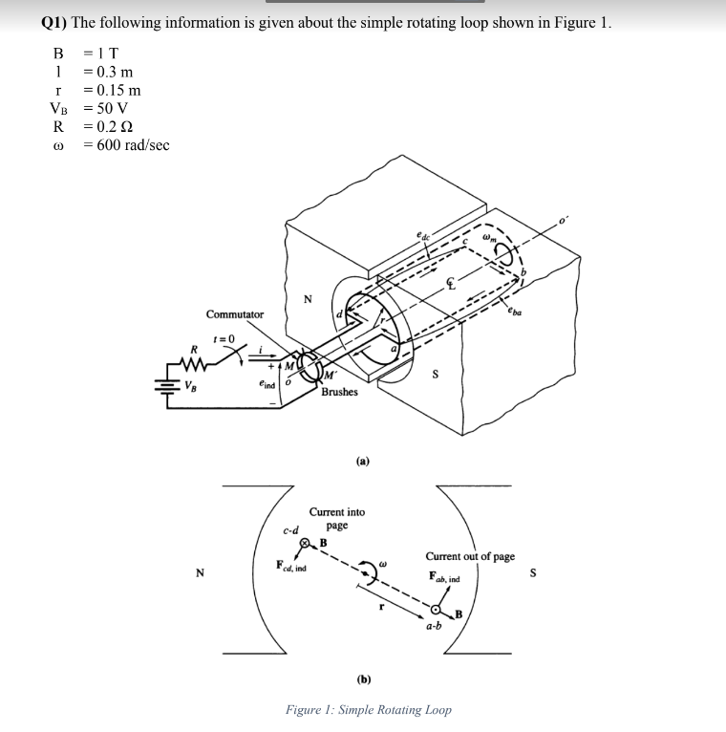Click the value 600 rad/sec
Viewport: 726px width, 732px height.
[127, 144]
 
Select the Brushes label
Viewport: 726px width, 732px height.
[340, 392]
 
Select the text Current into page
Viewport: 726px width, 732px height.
[336, 519]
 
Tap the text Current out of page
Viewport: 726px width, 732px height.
[470, 556]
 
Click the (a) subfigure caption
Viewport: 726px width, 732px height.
[363, 460]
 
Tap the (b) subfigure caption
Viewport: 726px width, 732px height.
[363, 679]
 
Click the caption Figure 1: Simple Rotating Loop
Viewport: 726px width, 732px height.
[368, 710]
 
